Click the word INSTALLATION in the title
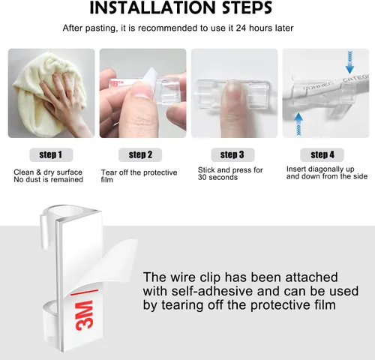(x=152, y=7)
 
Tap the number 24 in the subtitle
(x=241, y=28)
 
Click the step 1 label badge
(x=51, y=154)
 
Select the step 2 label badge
(x=140, y=154)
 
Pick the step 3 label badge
(x=232, y=154)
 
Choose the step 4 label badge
(x=322, y=154)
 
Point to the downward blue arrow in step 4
(x=349, y=62)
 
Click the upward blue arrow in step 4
(x=298, y=124)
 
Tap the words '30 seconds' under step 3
(x=217, y=178)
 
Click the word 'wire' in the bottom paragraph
(x=183, y=277)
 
